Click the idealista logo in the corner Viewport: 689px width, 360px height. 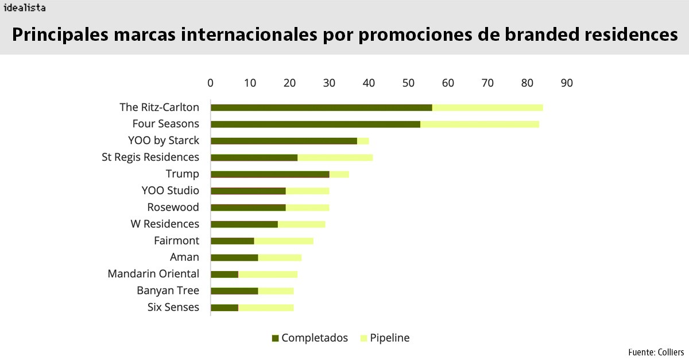[24, 8]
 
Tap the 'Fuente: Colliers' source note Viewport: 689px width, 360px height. [656, 351]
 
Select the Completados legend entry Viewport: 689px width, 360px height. [310, 338]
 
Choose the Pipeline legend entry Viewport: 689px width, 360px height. [385, 338]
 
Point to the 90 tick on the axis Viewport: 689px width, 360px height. [567, 83]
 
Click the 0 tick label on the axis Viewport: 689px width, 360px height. [211, 83]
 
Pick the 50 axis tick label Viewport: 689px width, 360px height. [408, 83]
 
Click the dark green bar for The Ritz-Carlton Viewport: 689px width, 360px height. [322, 107]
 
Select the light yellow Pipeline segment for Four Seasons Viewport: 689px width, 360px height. [479, 124]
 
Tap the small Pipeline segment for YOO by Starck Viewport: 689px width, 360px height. [363, 141]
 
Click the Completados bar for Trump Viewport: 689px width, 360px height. [270, 174]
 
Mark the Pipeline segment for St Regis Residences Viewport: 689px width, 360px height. [335, 157]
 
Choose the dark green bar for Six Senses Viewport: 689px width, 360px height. [224, 308]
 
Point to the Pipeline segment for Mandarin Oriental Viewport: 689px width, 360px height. [268, 274]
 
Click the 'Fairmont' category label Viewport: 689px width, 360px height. [176, 241]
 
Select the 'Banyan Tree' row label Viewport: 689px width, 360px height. [168, 291]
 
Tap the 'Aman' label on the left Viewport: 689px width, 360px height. [184, 257]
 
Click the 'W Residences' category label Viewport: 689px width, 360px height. [165, 224]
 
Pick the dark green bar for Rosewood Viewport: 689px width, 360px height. [248, 207]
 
